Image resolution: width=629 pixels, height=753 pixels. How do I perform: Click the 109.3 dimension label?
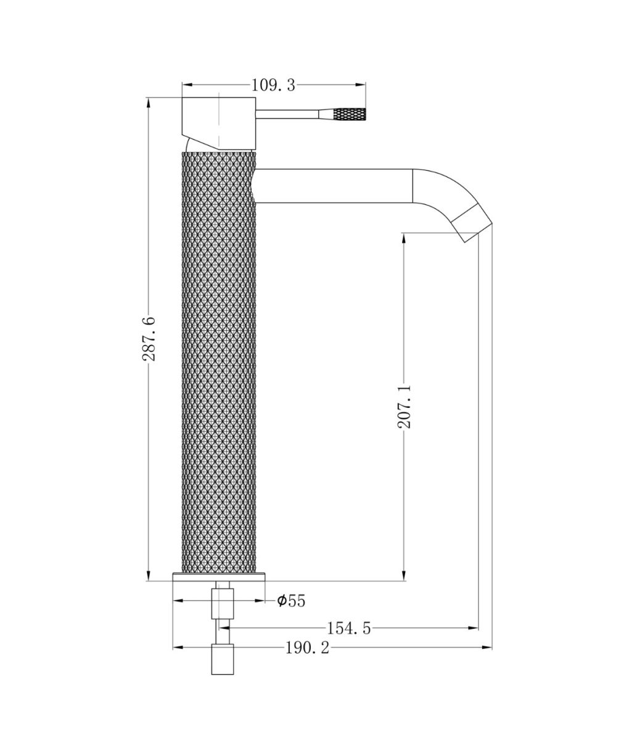273,85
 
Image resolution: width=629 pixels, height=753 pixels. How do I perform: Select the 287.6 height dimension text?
149,338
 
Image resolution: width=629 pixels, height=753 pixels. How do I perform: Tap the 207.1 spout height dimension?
404,406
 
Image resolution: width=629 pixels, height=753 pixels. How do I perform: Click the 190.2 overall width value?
307,648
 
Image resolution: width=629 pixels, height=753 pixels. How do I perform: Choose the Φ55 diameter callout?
291,601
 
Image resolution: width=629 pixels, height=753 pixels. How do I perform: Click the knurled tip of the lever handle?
350,114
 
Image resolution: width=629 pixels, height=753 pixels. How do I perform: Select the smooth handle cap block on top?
219,123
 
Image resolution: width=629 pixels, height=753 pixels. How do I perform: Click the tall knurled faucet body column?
219,362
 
